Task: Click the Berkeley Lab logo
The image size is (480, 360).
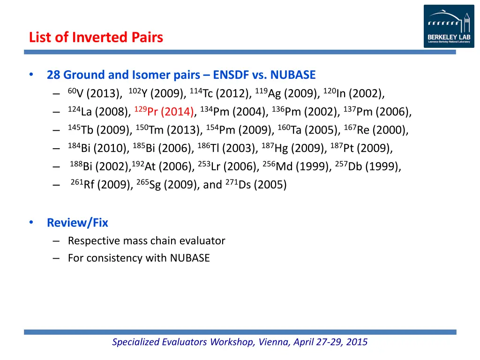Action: click(x=449, y=26)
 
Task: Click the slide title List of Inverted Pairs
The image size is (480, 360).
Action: click(x=96, y=37)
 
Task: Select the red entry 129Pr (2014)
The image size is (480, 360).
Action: click(x=164, y=112)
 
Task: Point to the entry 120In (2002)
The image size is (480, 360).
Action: click(x=354, y=94)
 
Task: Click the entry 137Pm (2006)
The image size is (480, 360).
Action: click(x=377, y=112)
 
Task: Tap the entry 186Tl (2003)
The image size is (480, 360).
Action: click(x=227, y=149)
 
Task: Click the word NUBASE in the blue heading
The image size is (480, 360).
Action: click(x=293, y=75)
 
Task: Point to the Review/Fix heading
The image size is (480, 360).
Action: click(x=77, y=223)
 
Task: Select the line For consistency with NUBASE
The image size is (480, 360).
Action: click(x=139, y=258)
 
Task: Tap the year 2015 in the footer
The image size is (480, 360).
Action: click(x=357, y=342)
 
